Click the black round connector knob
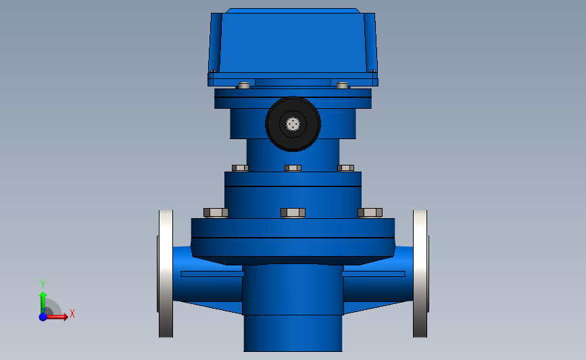(x=293, y=124)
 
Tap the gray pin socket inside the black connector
(x=293, y=124)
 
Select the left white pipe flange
(x=166, y=274)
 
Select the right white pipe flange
(x=420, y=274)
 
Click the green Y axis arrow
(x=43, y=303)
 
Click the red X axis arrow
(x=55, y=317)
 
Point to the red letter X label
(x=72, y=313)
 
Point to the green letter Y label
(x=43, y=284)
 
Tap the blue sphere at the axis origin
(x=43, y=317)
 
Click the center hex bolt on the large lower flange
(x=293, y=213)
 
